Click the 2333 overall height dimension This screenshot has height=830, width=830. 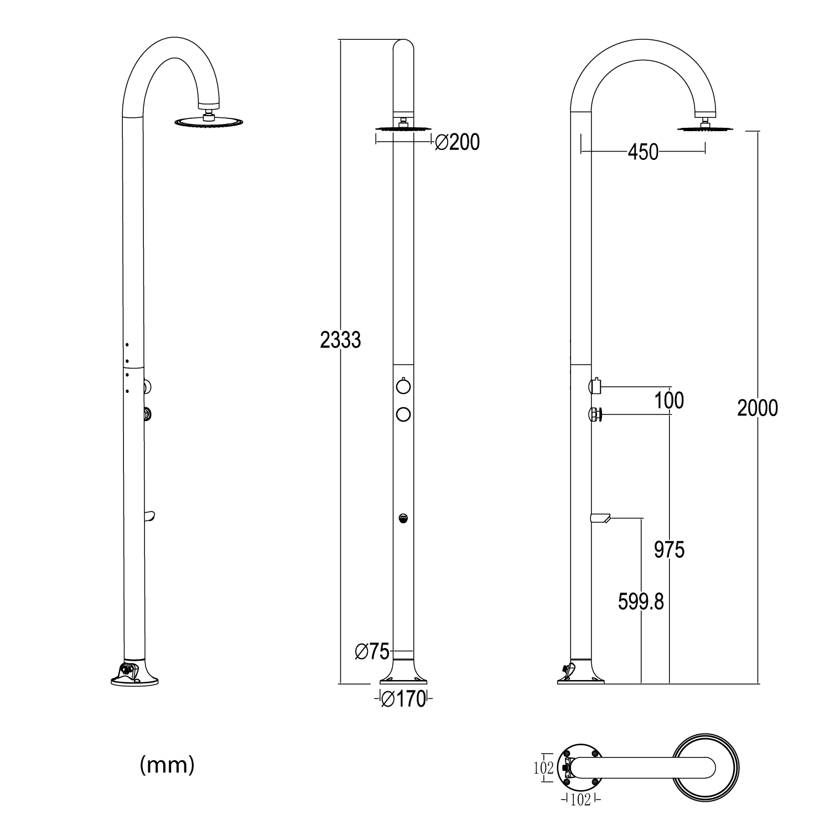click(340, 340)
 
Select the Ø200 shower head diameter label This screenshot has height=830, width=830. click(457, 143)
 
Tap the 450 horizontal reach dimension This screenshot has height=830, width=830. click(643, 152)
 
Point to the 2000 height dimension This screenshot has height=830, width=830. click(758, 408)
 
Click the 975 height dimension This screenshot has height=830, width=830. click(669, 550)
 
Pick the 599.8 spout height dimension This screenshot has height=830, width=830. click(641, 601)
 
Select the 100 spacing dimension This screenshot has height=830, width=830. click(669, 400)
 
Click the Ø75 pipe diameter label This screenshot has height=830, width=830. click(372, 652)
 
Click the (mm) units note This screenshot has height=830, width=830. click(167, 765)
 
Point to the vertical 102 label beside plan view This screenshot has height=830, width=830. click(544, 767)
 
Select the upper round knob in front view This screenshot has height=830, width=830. click(403, 385)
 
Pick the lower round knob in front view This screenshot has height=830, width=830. click(403, 413)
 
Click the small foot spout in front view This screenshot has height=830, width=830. click(403, 518)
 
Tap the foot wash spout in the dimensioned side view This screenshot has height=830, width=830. click(600, 518)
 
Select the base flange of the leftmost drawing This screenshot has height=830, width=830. click(134, 677)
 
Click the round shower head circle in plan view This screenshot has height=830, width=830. click(705, 767)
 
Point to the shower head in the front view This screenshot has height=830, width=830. click(403, 128)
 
